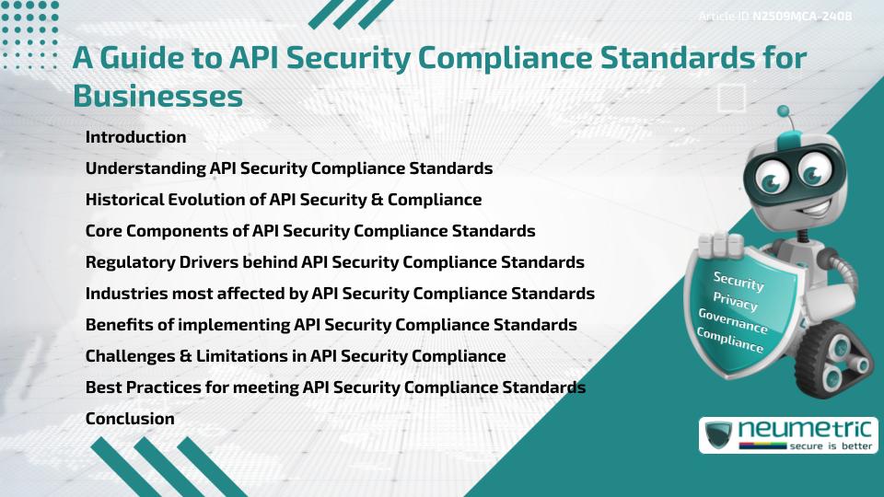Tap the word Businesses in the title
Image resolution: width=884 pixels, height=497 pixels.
pyautogui.click(x=157, y=96)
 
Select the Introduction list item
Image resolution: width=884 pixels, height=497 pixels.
pyautogui.click(x=135, y=137)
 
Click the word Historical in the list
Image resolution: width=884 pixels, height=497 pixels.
pyautogui.click(x=124, y=200)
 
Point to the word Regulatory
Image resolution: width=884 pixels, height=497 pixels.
pyautogui.click(x=126, y=262)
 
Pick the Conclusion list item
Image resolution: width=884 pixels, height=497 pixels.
pyautogui.click(x=130, y=419)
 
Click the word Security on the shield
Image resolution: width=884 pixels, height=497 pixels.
pyautogui.click(x=739, y=281)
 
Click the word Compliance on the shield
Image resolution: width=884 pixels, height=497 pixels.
pyautogui.click(x=730, y=340)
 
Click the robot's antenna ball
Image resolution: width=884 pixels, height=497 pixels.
pyautogui.click(x=785, y=112)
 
